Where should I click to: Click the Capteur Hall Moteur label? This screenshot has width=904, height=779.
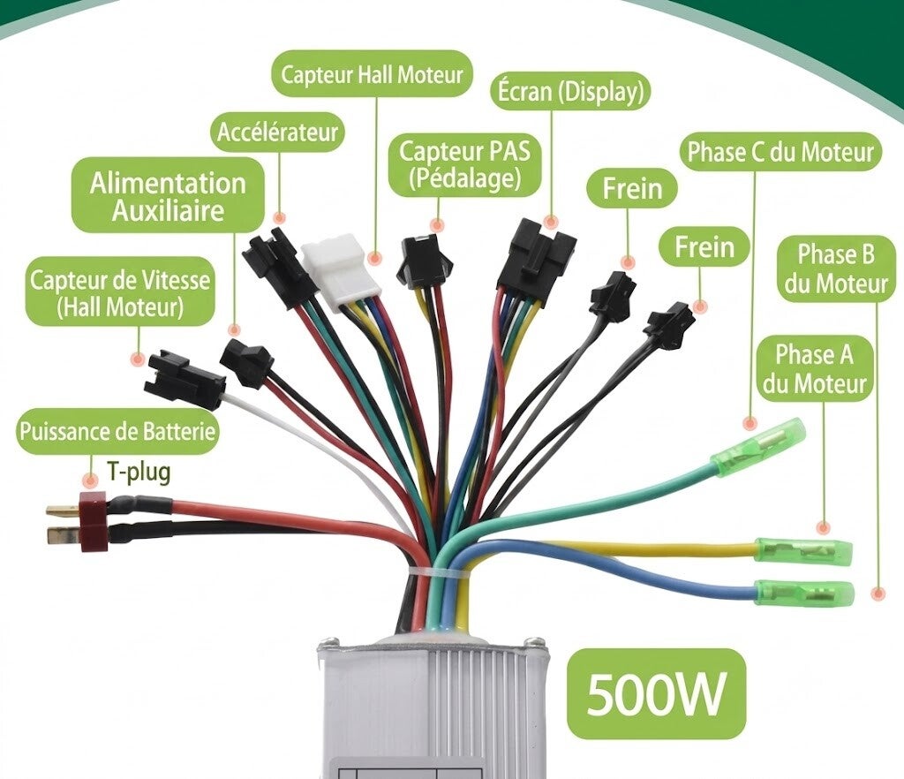tap(372, 74)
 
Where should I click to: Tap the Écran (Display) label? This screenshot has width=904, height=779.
tap(570, 92)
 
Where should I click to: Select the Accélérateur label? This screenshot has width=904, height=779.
tap(277, 132)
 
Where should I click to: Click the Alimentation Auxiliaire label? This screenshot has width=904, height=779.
tap(168, 196)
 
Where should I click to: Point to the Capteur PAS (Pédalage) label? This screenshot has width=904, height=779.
tap(464, 165)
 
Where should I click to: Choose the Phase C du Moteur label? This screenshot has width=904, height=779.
tap(781, 152)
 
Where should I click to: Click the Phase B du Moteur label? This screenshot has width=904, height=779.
tap(836, 269)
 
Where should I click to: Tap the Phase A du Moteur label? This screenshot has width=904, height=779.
tap(815, 369)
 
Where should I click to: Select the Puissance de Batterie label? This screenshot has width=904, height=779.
tap(117, 431)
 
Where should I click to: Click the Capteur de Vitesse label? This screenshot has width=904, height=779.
tap(120, 293)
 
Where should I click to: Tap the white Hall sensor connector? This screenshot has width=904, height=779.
tap(337, 270)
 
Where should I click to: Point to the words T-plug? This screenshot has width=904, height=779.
tap(139, 473)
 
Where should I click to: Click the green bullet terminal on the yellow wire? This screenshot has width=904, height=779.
tap(803, 551)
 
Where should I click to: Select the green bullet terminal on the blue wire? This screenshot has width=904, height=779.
tap(805, 592)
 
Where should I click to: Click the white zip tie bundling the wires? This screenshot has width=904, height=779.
tap(441, 572)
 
